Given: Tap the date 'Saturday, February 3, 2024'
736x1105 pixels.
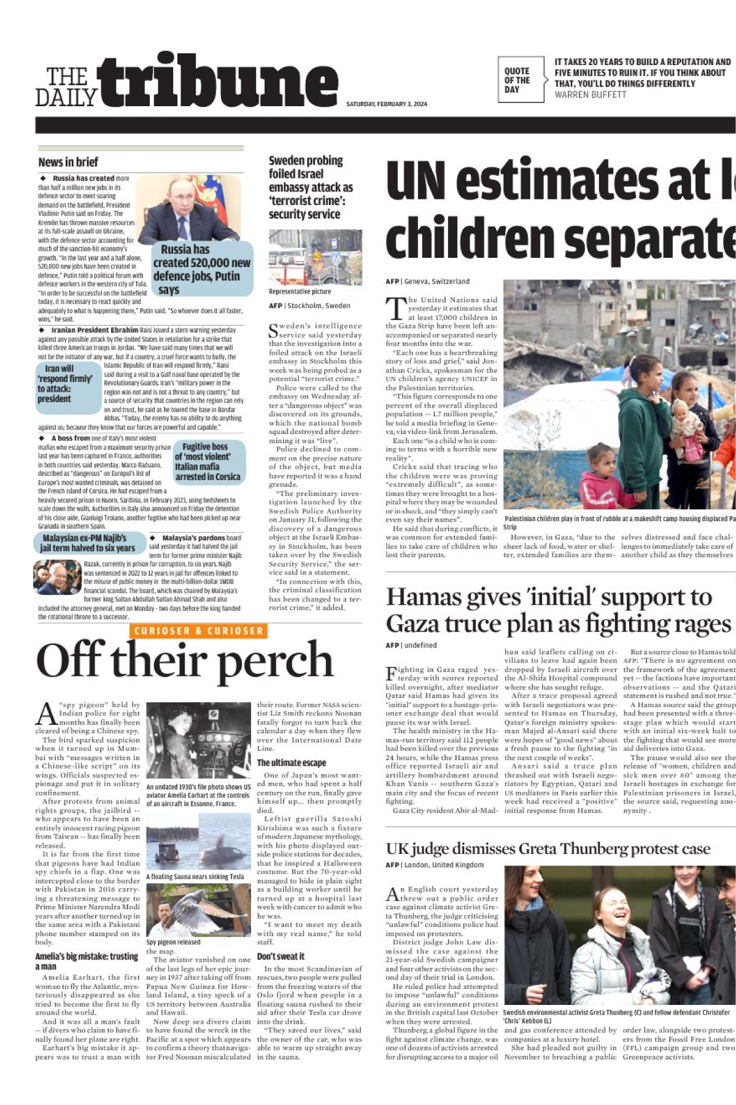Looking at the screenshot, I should pos(386,104).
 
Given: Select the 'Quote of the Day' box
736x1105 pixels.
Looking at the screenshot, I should pos(520,80).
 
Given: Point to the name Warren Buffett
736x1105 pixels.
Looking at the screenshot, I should pos(590,95).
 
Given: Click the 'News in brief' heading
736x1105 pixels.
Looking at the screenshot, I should pos(68,163).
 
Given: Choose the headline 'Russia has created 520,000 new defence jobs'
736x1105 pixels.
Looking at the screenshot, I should pos(201,269).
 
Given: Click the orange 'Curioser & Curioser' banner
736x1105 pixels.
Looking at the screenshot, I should pos(199,630).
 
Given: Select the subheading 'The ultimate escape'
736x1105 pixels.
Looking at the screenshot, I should pos(292,762).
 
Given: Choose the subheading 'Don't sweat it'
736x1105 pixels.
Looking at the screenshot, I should pos(281,956).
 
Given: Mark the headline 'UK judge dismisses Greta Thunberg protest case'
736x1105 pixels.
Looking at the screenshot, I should pos(548,848).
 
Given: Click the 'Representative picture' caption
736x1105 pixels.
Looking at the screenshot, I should pos(300,292).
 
